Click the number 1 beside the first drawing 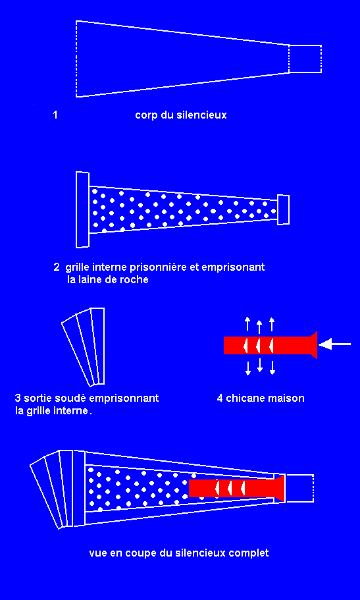coord(55,115)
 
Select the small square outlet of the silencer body coord(305,59)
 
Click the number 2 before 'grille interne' coord(57,267)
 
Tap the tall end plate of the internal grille coord(83,210)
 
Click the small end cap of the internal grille coord(283,209)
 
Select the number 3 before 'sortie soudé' coord(18,398)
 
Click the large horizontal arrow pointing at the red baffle coord(335,344)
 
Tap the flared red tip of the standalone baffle coord(313,344)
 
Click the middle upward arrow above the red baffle coord(260,327)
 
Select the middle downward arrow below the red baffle coord(260,365)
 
